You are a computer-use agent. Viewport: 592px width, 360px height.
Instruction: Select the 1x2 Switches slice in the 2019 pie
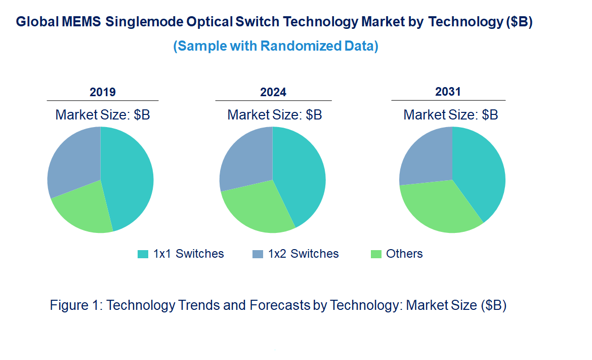click(x=73, y=159)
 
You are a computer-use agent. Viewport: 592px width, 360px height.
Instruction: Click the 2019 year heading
click(x=103, y=92)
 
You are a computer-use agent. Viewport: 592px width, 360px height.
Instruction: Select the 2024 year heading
click(x=273, y=92)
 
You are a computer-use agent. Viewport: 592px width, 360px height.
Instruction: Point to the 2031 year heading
click(x=448, y=92)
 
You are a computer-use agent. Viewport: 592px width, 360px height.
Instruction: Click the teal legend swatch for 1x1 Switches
click(x=143, y=254)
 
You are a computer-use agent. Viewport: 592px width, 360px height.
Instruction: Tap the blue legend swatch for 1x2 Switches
click(x=258, y=254)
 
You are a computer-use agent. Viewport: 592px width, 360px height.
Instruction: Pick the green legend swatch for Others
click(x=375, y=254)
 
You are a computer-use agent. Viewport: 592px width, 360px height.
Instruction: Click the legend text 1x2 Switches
click(x=304, y=254)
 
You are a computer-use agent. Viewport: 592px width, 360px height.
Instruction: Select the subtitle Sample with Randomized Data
click(x=276, y=46)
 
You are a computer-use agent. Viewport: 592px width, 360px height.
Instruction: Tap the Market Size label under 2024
click(x=274, y=114)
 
